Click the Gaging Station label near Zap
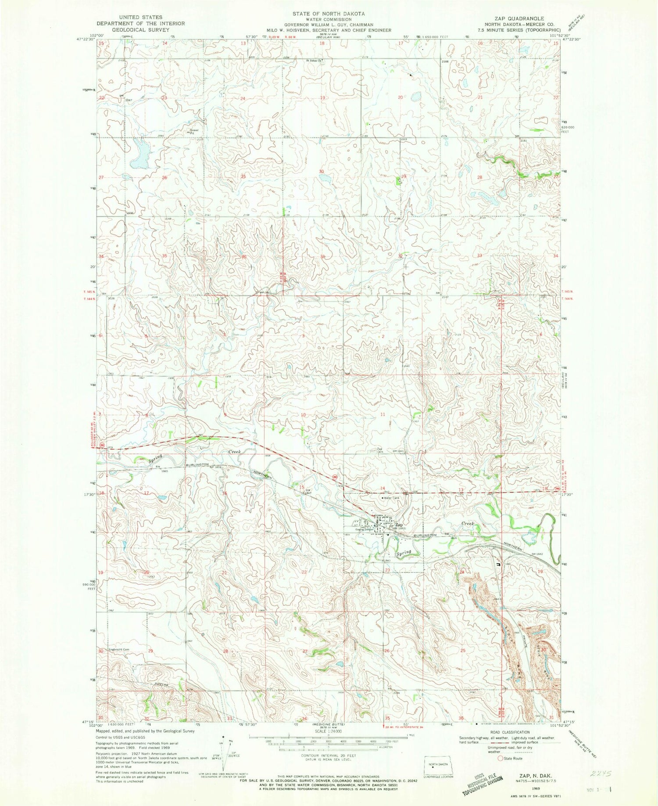pos(364,529)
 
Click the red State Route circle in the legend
pos(500,758)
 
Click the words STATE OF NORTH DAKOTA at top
pos(329,14)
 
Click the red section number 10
pos(303,414)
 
